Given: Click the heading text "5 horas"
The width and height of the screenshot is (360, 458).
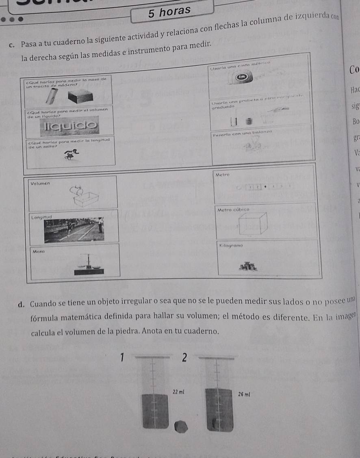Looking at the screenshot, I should point(169,12).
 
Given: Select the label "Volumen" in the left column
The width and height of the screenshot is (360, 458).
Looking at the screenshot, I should point(40,183).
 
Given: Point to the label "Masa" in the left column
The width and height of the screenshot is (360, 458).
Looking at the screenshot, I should point(39,252).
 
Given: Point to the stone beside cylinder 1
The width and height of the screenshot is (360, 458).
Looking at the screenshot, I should point(181,427).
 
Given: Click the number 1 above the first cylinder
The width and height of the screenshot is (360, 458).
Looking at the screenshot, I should point(121,357).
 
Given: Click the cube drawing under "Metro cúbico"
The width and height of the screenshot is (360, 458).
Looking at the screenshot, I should point(252,224).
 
